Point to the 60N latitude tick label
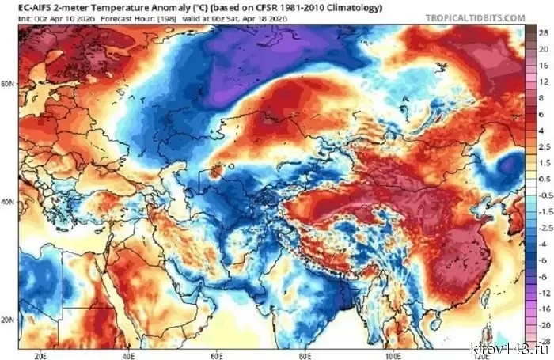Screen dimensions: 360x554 [8, 83]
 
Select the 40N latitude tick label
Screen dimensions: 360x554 [8, 202]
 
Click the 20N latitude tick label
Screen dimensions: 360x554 [8, 320]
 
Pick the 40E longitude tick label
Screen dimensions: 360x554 [127, 355]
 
